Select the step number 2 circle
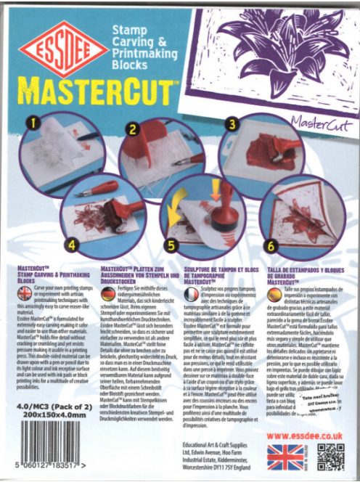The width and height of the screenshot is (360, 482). click(133, 130)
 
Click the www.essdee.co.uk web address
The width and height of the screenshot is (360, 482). click(308, 435)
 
